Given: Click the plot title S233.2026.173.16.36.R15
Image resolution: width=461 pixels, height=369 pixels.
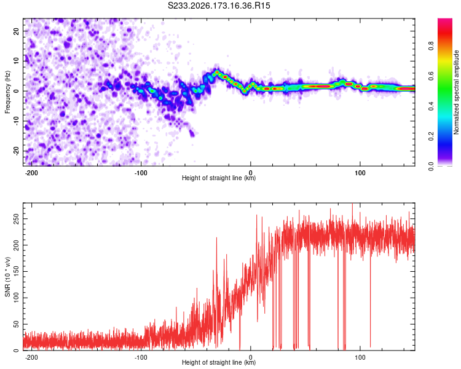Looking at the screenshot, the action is (219, 6).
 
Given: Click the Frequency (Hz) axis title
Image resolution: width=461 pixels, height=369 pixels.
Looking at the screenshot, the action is (7, 92).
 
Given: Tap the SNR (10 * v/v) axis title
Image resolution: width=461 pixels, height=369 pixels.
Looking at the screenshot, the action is (7, 277).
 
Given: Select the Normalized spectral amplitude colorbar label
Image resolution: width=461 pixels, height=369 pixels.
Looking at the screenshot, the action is (456, 92).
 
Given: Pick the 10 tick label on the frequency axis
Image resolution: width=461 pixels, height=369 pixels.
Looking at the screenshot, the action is (16, 61).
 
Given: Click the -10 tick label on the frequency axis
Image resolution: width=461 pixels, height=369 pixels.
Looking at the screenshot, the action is (16, 121).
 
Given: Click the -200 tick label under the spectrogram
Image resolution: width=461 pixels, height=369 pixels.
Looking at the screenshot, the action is (31, 173).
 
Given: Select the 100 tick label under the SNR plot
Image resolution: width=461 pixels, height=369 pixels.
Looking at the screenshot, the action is (360, 357).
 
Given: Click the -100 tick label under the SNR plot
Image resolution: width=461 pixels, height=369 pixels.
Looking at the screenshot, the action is (141, 357).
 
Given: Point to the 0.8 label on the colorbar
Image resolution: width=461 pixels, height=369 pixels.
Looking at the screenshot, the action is (431, 46).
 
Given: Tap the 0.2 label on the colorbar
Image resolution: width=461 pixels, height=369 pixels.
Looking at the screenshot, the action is (431, 137).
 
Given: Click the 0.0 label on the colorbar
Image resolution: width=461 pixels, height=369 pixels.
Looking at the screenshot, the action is (431, 167).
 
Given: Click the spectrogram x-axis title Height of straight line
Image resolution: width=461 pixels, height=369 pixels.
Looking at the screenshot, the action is (219, 178).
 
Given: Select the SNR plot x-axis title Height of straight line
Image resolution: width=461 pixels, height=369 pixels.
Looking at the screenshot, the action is (219, 362).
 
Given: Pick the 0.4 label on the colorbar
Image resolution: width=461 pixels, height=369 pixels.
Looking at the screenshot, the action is (431, 106).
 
